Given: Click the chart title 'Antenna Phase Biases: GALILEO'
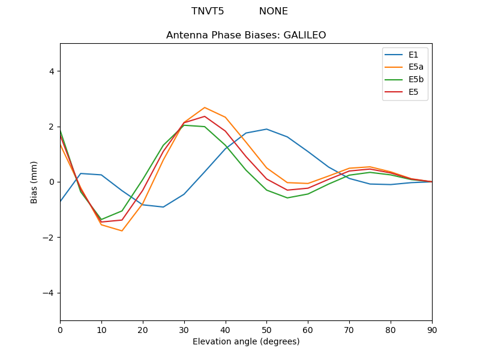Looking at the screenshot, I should (x=246, y=35).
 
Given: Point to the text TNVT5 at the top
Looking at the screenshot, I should (x=208, y=11).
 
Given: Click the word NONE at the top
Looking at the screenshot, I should (x=274, y=11).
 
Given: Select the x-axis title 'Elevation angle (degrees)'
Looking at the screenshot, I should (x=246, y=342).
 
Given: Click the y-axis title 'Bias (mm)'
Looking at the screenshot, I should (x=34, y=182).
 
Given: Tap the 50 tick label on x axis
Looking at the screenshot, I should (x=266, y=329).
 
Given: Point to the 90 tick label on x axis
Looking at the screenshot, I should (x=432, y=329).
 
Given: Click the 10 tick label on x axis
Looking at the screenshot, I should (x=101, y=329).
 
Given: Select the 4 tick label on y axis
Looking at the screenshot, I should (x=51, y=71).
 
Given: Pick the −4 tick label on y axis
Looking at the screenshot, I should (x=49, y=293).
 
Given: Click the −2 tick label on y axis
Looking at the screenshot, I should (x=49, y=238).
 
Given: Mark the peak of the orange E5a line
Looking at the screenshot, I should (x=205, y=107).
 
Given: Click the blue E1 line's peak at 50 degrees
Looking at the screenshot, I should (x=266, y=129).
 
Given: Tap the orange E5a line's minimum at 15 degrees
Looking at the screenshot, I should (x=122, y=231).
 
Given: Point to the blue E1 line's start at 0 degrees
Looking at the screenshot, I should (x=61, y=201).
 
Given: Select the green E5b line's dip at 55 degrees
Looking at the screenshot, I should (x=287, y=198).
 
